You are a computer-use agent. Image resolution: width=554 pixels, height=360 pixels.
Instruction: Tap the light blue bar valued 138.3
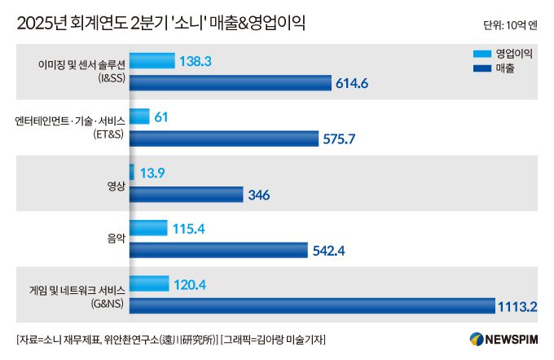click(152, 61)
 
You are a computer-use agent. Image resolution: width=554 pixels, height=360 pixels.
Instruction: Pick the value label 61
click(160, 117)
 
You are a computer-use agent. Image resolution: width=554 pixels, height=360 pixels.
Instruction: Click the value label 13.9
click(154, 173)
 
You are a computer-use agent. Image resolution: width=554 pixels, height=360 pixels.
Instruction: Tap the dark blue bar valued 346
click(186, 195)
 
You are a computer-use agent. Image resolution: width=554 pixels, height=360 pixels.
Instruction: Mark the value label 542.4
click(329, 251)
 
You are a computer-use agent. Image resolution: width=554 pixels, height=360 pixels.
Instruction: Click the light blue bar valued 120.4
click(149, 284)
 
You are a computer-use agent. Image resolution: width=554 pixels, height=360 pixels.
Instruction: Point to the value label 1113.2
click(520, 307)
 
